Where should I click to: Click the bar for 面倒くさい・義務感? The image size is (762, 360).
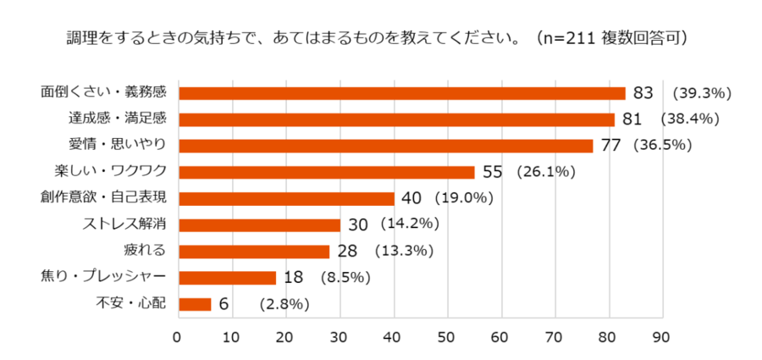[x=402, y=93]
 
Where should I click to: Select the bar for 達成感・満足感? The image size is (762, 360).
[x=396, y=119]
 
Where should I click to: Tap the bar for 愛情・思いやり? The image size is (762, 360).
[x=385, y=146]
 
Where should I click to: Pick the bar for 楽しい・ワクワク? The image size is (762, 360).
[x=326, y=172]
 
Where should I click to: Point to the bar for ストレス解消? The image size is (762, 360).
[x=259, y=225]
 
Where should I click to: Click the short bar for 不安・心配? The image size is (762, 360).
[x=195, y=304]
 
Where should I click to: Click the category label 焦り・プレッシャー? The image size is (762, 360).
[x=103, y=278]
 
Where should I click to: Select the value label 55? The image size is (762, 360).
[x=493, y=172]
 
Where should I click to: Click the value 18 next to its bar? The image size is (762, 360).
[x=294, y=278]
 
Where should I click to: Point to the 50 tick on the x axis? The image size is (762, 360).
[x=447, y=337]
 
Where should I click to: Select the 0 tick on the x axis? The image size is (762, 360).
[x=178, y=337]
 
